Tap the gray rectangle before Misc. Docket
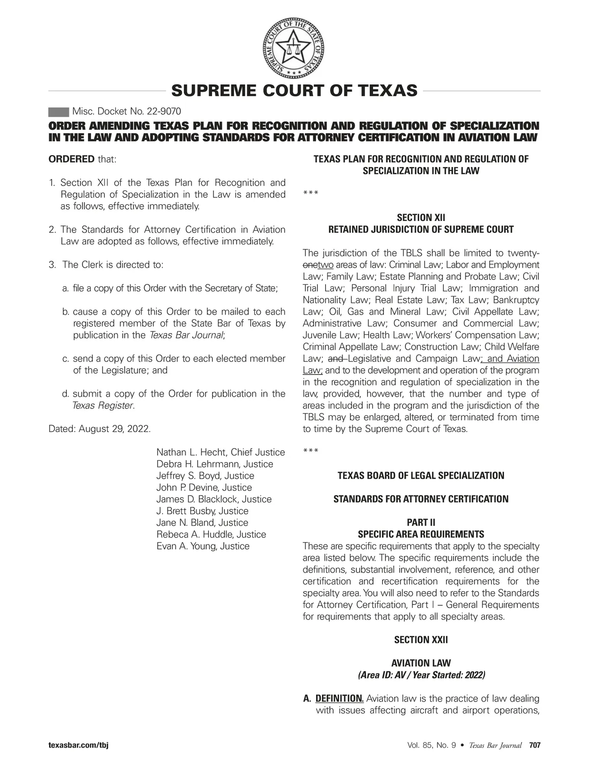(58, 111)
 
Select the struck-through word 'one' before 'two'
(310, 265)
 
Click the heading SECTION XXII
(421, 640)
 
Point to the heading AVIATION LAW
(421, 663)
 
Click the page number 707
(535, 745)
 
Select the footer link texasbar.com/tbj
(78, 745)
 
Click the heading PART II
(421, 522)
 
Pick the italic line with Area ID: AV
(421, 675)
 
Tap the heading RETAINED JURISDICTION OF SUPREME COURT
(421, 229)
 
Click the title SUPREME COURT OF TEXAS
(294, 91)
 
